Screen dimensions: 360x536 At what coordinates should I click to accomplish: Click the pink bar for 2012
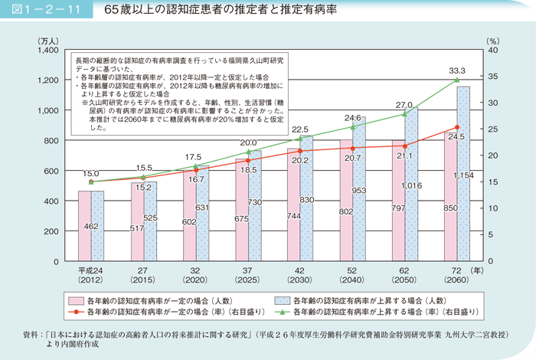pos(84,227)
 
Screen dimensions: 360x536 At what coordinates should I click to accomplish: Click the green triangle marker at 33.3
pos(457,80)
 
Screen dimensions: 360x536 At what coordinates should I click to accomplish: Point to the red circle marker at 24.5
pos(457,127)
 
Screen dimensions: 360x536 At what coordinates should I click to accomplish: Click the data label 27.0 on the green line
pos(404,105)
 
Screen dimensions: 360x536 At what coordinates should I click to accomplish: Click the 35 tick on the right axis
pos(493,77)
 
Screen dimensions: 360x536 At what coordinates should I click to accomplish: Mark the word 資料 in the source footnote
pos(33,335)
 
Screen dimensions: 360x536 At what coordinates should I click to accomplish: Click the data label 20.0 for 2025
pos(248,143)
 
